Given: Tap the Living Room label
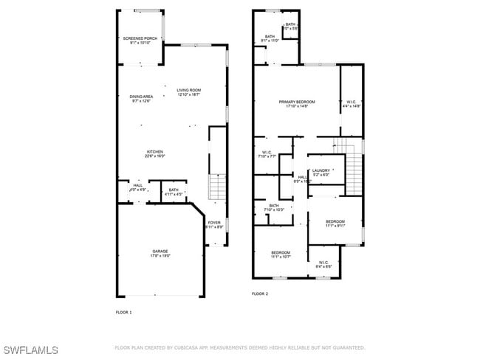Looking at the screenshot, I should point(188,92).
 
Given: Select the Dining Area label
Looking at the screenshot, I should point(141,99).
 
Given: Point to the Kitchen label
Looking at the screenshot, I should point(154,153).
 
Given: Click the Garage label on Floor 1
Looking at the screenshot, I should point(160,253).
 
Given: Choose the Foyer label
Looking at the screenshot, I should point(214,224).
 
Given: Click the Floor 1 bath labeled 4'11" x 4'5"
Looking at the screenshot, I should point(174,192).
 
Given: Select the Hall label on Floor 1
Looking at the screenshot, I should point(138,187).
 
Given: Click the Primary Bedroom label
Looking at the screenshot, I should point(297,104).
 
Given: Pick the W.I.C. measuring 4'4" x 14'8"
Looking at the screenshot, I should point(352,104).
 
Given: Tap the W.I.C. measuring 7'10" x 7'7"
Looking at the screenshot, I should point(267,154).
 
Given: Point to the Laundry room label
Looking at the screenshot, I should point(320,173).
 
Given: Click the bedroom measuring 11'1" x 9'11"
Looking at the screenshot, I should point(335,224).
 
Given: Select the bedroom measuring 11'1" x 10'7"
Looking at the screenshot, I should point(280,255).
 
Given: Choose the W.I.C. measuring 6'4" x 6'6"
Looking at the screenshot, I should point(323,264).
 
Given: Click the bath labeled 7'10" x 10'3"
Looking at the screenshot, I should point(274,208).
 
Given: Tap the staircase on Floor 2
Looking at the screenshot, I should point(354,167).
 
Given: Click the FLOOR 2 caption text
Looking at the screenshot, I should point(260,294).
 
